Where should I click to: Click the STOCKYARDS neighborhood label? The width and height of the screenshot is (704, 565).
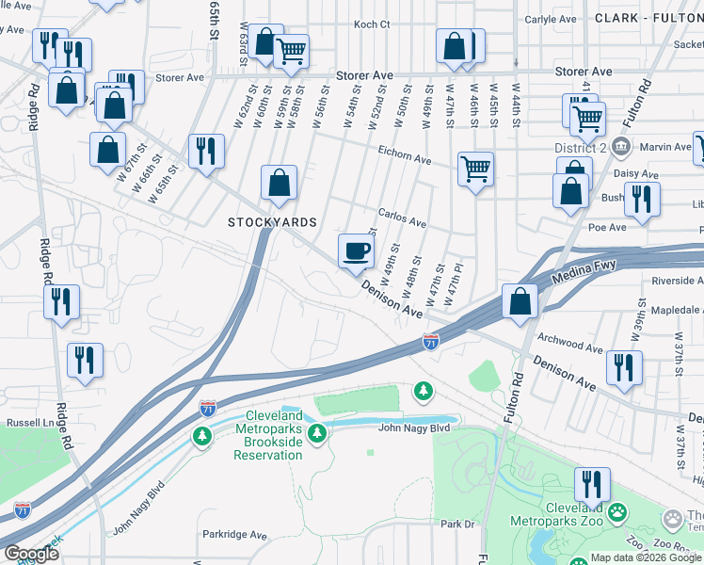point(272,222)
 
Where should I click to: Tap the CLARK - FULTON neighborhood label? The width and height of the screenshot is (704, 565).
point(648,18)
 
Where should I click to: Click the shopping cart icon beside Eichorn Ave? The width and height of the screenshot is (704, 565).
point(476,170)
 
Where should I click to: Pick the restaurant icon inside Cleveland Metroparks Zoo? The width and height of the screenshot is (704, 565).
point(592,486)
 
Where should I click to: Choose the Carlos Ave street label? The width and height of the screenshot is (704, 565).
point(402,218)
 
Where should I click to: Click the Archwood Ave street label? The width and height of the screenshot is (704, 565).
point(568,342)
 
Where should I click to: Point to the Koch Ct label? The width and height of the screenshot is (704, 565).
point(371,25)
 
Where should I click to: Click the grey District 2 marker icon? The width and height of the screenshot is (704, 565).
point(620,147)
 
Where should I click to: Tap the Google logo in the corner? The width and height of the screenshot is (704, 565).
point(30,554)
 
